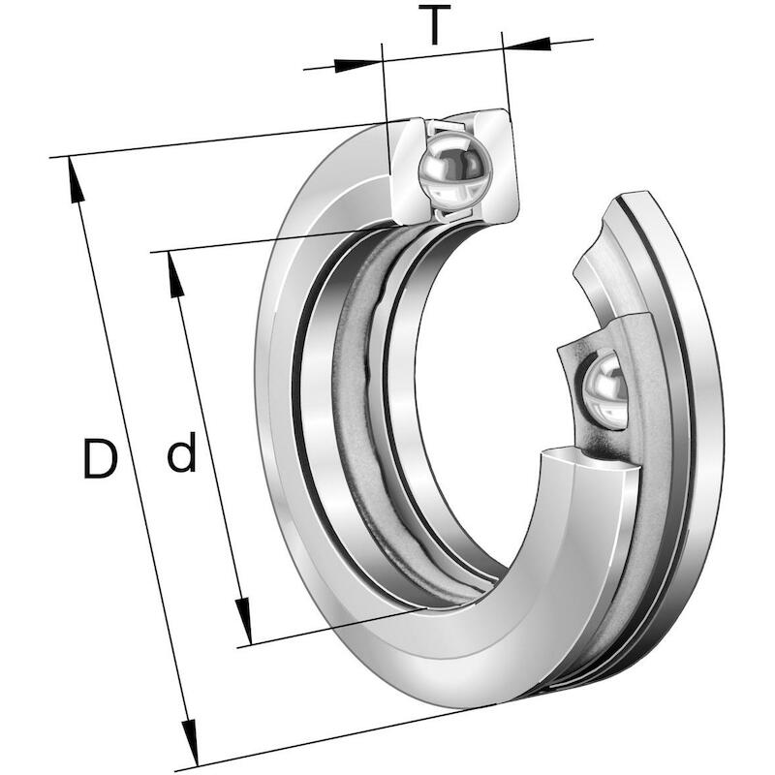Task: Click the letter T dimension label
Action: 434,25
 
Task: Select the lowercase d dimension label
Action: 182,451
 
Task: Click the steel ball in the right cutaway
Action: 604,390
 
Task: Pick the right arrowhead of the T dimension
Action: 528,44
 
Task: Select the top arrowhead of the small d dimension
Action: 176,275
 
